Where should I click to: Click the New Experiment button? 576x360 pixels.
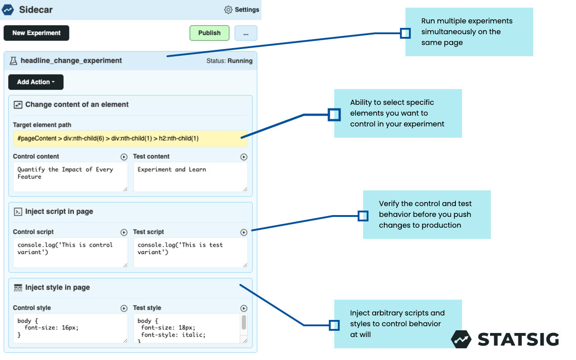pyautogui.click(x=36, y=33)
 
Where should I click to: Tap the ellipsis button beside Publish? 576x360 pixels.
pyautogui.click(x=246, y=33)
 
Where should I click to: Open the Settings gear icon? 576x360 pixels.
pyautogui.click(x=228, y=9)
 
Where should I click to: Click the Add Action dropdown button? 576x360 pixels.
pyautogui.click(x=36, y=82)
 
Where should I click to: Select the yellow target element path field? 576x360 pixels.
pyautogui.click(x=130, y=139)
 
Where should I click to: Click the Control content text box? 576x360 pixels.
pyautogui.click(x=70, y=177)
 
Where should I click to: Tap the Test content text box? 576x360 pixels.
pyautogui.click(x=190, y=177)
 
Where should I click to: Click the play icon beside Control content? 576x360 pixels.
pyautogui.click(x=124, y=157)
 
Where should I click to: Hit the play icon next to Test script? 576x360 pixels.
pyautogui.click(x=244, y=232)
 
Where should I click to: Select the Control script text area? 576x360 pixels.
pyautogui.click(x=70, y=252)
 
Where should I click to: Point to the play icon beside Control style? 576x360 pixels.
pyautogui.click(x=124, y=308)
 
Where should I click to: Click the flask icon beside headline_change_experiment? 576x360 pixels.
pyautogui.click(x=13, y=60)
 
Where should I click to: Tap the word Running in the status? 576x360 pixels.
pyautogui.click(x=240, y=61)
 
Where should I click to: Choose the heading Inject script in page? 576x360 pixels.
pyautogui.click(x=59, y=211)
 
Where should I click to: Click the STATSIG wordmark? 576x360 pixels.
pyautogui.click(x=518, y=339)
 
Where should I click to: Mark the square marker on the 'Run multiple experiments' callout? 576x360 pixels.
pyautogui.click(x=405, y=33)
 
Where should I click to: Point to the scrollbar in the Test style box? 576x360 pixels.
pyautogui.click(x=244, y=322)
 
